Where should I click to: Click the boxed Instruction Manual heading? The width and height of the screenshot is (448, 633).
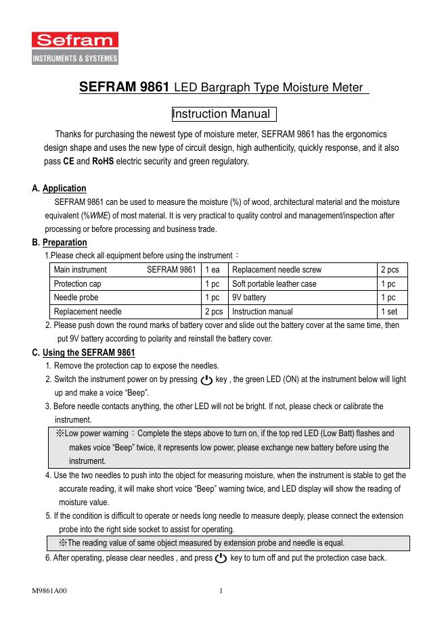(x=224, y=114)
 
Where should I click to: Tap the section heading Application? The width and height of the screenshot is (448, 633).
(x=64, y=189)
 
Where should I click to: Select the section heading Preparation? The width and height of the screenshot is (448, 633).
(x=64, y=242)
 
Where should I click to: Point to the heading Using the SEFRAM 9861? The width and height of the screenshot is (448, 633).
(x=89, y=353)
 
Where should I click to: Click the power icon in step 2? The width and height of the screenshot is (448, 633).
(x=207, y=380)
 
